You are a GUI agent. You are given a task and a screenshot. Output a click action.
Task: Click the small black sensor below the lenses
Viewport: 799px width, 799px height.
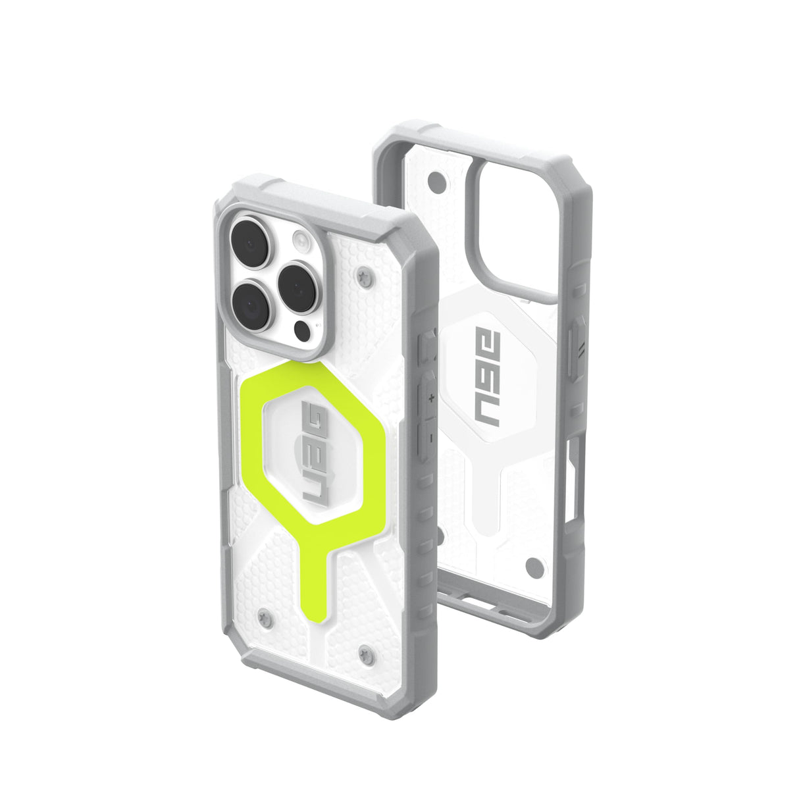[x=302, y=329]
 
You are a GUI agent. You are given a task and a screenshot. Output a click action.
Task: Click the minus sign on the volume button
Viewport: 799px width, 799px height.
[x=430, y=436]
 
